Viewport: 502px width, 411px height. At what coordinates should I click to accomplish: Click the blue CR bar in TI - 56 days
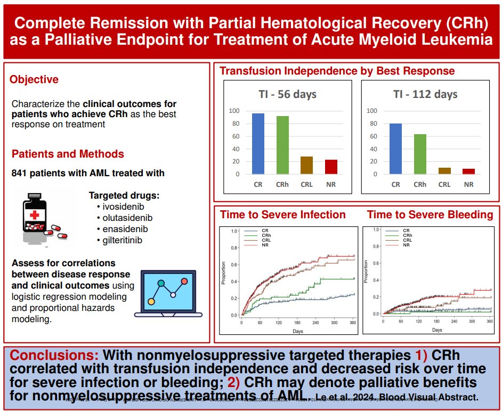click(258, 144)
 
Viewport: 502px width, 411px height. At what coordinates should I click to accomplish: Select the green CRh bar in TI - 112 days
click(420, 154)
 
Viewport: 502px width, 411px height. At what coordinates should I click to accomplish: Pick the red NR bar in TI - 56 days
click(331, 167)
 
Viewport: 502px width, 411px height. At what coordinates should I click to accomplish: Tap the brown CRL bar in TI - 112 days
click(444, 170)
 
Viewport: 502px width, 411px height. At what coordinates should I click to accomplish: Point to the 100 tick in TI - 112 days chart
click(372, 111)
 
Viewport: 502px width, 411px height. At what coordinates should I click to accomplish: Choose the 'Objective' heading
click(34, 79)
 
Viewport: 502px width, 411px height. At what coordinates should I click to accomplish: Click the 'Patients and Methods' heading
click(68, 154)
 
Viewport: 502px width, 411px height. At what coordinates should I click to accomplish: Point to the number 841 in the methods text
click(20, 173)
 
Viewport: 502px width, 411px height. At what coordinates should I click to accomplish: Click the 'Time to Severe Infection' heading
click(283, 215)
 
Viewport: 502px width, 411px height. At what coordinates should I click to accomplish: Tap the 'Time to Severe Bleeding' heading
click(430, 215)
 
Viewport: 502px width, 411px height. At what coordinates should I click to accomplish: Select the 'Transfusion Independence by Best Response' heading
click(337, 71)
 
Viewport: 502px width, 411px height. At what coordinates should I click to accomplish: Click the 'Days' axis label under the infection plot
click(298, 331)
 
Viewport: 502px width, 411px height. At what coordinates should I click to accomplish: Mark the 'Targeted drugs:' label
click(124, 195)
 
